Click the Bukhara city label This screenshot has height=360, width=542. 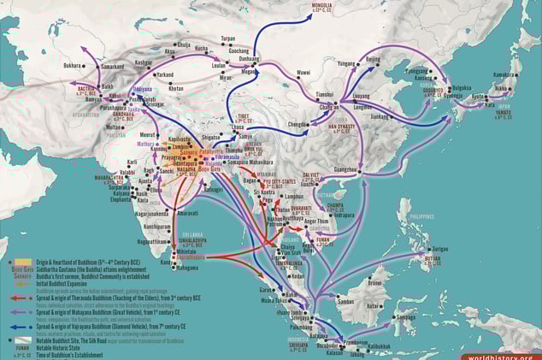[72, 65]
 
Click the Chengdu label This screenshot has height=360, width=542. [298, 124]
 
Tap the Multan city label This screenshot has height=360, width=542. [114, 127]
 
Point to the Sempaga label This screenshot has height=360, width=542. [405, 313]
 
